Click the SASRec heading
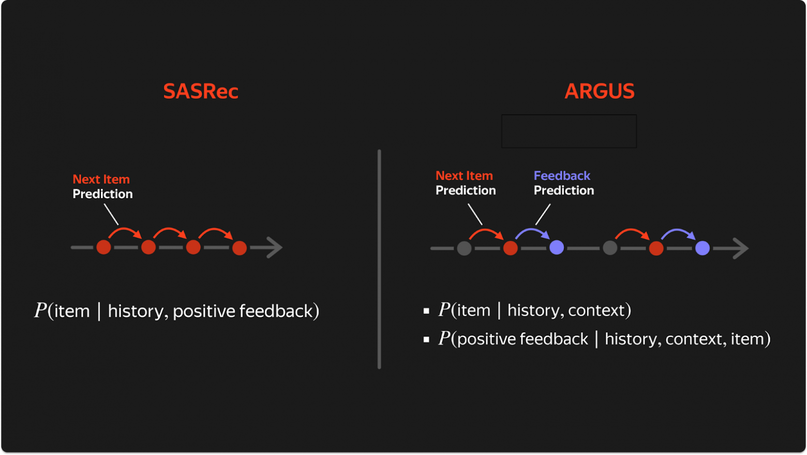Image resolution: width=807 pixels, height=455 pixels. (x=201, y=92)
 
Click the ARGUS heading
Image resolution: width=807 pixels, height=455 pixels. (x=599, y=92)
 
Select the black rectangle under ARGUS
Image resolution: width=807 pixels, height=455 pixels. (x=569, y=131)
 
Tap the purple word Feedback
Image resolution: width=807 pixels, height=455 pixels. (x=562, y=176)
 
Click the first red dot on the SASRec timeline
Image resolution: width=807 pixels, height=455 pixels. (x=103, y=247)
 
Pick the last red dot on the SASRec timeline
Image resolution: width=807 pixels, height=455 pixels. (x=239, y=248)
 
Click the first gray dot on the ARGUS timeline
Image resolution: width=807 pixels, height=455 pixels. (x=464, y=248)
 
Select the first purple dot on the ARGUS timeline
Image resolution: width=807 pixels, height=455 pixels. (x=557, y=248)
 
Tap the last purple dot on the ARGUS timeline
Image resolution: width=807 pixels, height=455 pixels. (x=703, y=248)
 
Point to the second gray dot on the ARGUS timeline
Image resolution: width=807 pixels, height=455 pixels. (x=610, y=248)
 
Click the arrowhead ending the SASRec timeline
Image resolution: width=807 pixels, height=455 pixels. (x=274, y=247)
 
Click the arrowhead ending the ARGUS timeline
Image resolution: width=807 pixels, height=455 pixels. (x=741, y=248)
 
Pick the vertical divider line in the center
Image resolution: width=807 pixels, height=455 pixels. (x=379, y=259)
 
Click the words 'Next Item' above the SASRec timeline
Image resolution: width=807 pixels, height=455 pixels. (x=101, y=180)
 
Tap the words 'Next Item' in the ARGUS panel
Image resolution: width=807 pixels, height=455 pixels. (x=464, y=176)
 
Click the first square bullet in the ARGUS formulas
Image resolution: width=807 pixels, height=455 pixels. (x=426, y=311)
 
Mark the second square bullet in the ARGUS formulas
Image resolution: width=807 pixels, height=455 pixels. (x=426, y=340)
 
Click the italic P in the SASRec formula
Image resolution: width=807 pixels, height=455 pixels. (x=40, y=311)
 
